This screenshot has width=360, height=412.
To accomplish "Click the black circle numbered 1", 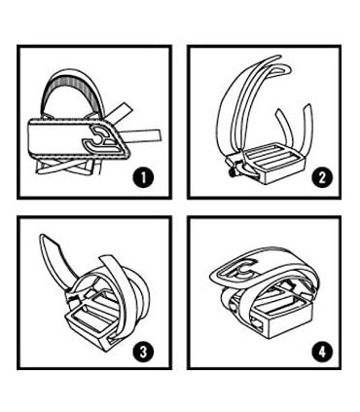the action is tap(143, 178).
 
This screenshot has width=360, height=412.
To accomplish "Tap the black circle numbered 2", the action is tap(322, 178).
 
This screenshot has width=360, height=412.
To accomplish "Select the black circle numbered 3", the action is tap(143, 352).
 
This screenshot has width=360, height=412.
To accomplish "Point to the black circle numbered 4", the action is tap(322, 352).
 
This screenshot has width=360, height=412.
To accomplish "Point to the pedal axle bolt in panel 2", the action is tap(232, 173).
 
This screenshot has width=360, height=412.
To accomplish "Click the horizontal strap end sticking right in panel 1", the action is tap(142, 136).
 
